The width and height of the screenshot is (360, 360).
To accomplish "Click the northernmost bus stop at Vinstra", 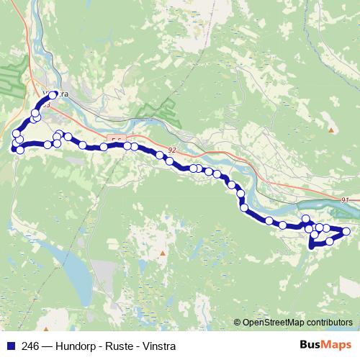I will (x=53, y=95).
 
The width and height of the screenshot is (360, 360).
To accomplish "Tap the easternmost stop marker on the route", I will (x=346, y=231).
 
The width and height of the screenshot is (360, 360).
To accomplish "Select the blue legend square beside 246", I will (x=11, y=346).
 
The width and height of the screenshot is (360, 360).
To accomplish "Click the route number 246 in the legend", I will (x=30, y=346).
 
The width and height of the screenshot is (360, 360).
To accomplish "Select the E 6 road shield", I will (x=117, y=139).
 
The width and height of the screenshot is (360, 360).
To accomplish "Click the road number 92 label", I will (x=171, y=150).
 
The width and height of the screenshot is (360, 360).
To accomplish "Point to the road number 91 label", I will (x=345, y=199).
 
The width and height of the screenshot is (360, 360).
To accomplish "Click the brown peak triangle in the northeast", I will (x=331, y=130).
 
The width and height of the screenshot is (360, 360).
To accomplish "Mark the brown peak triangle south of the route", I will (x=163, y=253).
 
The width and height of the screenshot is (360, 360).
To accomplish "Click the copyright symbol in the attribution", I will (x=237, y=323).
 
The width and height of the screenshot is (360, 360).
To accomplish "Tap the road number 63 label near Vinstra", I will (x=46, y=105).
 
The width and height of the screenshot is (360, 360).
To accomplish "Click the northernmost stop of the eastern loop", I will (x=306, y=219).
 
